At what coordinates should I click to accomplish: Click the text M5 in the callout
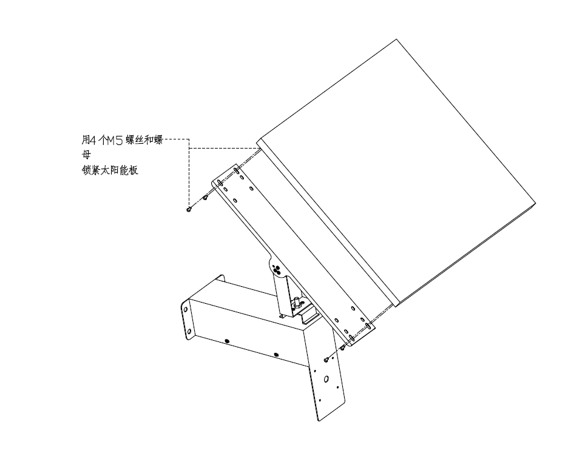115,141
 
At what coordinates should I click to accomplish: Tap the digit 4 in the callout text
93,141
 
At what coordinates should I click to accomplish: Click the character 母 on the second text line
86,155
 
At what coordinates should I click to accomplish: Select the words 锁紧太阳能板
110,170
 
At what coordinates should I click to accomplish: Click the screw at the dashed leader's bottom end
189,210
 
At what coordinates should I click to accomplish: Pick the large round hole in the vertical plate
326,379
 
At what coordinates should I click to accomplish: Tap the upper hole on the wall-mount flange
185,309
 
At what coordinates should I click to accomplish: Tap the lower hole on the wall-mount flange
189,332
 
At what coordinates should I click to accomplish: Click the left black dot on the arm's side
227,341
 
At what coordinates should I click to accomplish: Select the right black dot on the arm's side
276,355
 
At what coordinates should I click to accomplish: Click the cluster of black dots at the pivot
277,269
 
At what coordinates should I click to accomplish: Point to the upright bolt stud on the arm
296,301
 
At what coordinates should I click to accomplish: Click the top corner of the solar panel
396,39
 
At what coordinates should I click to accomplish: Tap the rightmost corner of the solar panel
536,204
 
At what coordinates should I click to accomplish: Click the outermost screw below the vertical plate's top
326,360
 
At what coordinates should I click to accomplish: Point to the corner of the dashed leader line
189,139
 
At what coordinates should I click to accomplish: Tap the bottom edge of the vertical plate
332,412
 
